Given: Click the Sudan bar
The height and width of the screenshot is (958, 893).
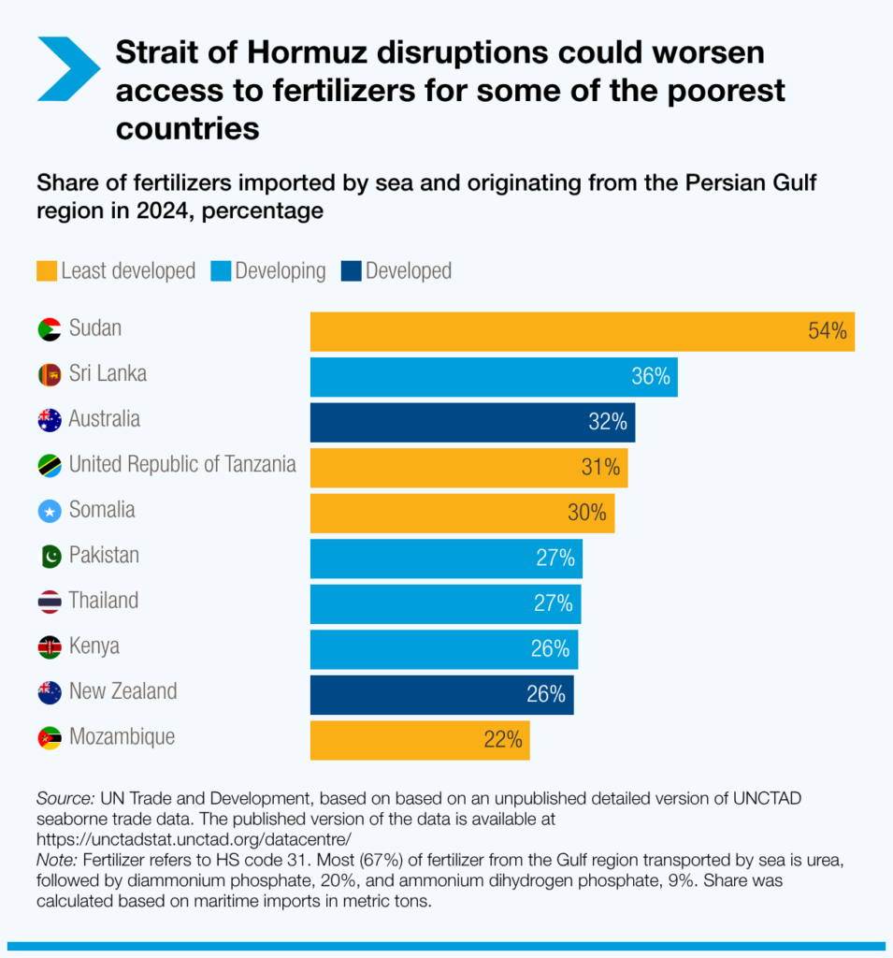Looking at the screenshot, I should [582, 331].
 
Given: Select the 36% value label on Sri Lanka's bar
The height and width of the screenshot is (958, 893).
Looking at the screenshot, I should [650, 377].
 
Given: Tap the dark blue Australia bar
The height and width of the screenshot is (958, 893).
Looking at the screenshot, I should [472, 422].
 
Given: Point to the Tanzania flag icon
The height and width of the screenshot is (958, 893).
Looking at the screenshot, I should [50, 465].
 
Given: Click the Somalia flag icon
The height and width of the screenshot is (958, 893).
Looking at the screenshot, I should [50, 511].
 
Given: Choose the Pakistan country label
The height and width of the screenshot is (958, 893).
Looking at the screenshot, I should [103, 556].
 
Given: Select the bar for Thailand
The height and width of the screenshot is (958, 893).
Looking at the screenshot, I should [445, 604].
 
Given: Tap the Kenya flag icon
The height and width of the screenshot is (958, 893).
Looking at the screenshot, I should [50, 647].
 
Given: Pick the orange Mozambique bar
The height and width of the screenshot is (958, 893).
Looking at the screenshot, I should [420, 740].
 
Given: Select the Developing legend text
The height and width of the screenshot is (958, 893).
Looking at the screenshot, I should [281, 271].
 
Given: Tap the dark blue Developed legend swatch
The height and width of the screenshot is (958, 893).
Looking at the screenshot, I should [352, 271].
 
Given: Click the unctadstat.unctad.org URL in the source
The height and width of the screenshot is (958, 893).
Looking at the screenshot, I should [194, 838].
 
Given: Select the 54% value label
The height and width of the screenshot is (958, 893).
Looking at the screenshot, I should [828, 331].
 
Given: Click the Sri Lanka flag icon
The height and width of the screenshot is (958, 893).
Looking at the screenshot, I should [50, 375].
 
